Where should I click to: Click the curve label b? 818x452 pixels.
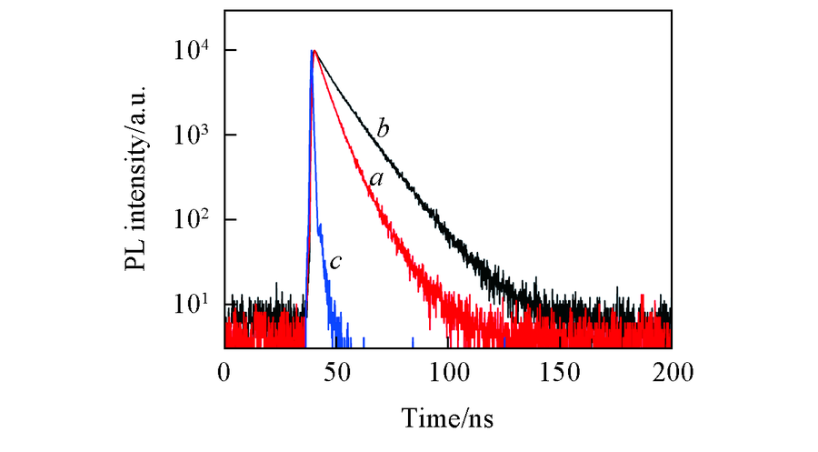(x=383, y=128)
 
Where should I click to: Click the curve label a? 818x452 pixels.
(x=375, y=179)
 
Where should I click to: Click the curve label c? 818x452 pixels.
(x=335, y=262)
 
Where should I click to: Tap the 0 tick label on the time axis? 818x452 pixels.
(x=224, y=371)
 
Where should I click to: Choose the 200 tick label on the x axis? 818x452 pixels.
(x=671, y=371)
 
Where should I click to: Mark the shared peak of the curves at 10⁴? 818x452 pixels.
(x=313, y=51)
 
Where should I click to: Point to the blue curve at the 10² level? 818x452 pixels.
(x=319, y=219)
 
